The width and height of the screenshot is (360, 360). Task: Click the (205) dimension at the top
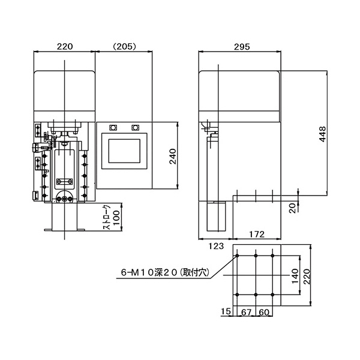pyautogui.click(x=124, y=47)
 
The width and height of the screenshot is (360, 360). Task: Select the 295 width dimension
pyautogui.click(x=242, y=47)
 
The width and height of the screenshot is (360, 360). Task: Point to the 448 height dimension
pyautogui.click(x=323, y=134)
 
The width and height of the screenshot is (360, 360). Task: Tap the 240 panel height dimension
pyautogui.click(x=173, y=157)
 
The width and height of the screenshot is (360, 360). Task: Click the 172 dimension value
pyautogui.click(x=257, y=234)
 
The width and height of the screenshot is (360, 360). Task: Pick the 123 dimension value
pyautogui.click(x=216, y=246)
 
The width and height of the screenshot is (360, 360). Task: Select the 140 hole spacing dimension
pyautogui.click(x=295, y=276)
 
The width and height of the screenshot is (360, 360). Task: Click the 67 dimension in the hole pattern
pyautogui.click(x=246, y=312)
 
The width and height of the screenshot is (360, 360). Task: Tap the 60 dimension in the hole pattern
pyautogui.click(x=264, y=312)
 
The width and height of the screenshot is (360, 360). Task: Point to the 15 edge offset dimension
pyautogui.click(x=226, y=311)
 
